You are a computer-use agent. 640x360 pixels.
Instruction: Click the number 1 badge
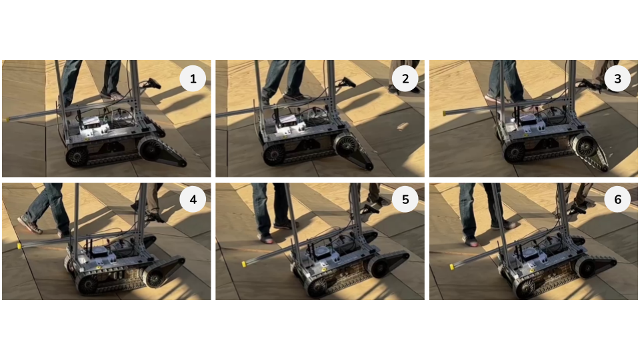(x=193, y=79)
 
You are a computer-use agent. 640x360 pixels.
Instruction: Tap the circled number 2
(x=405, y=79)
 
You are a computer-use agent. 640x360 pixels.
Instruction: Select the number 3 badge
(x=617, y=79)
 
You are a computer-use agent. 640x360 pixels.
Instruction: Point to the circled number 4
(x=193, y=199)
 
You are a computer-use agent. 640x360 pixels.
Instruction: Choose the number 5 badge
(x=405, y=199)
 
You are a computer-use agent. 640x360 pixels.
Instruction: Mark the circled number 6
(x=617, y=199)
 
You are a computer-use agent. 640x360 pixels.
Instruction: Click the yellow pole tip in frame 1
(x=7, y=119)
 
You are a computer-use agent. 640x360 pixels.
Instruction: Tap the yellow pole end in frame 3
(x=445, y=113)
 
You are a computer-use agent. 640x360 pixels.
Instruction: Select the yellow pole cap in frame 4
(x=19, y=246)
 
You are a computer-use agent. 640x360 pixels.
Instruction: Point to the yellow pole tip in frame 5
(x=244, y=264)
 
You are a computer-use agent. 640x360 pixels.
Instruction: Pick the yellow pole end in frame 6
(x=453, y=267)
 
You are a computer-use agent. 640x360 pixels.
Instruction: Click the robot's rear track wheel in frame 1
(x=77, y=156)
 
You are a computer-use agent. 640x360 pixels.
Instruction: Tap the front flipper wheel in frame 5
(x=379, y=267)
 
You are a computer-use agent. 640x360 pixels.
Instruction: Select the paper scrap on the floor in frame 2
(x=402, y=126)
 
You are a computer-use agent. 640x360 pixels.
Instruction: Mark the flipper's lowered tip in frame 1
(x=183, y=164)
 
